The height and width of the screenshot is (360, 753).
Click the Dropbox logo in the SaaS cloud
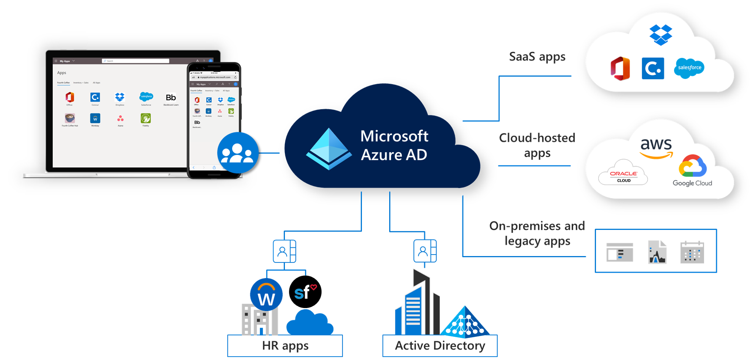coord(660,35)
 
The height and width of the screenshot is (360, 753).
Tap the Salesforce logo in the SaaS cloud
coord(689,68)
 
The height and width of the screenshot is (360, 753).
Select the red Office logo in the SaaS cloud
coord(620,69)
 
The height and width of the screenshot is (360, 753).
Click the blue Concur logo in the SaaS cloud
coord(653,68)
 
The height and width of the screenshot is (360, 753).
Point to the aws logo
coord(656,148)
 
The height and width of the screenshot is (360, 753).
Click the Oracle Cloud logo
coord(623,175)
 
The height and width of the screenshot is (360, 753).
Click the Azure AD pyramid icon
coord(329,149)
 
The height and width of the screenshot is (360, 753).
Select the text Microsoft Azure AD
coord(394,145)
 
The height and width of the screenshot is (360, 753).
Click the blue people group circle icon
coord(238,153)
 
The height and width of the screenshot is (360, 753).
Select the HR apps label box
coord(285,346)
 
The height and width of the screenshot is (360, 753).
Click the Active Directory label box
coord(440,346)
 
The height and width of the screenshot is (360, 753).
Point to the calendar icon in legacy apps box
coord(692,252)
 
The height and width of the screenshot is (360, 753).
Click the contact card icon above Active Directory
coord(426,251)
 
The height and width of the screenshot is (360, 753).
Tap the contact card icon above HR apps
coord(286,251)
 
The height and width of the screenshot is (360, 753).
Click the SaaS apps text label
coord(537,57)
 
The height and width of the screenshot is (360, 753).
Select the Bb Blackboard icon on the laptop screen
coord(171,98)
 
